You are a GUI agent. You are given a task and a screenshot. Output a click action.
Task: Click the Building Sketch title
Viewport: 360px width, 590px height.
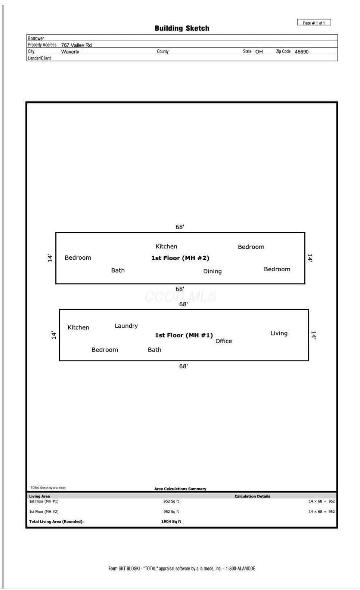click(x=182, y=28)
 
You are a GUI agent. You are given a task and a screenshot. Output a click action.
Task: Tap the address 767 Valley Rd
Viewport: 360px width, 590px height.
click(x=76, y=45)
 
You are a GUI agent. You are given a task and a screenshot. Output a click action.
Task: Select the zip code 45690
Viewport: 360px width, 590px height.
click(x=302, y=52)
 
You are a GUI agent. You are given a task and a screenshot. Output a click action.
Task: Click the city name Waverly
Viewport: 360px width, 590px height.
click(x=70, y=52)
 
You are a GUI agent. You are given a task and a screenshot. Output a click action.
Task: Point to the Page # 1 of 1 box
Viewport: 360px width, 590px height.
click(x=314, y=23)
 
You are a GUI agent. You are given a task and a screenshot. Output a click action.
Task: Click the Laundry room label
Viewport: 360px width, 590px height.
click(x=126, y=326)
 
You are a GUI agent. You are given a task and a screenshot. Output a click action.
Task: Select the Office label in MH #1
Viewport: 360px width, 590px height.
click(x=224, y=341)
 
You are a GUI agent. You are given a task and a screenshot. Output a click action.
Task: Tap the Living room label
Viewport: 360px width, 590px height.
click(x=279, y=333)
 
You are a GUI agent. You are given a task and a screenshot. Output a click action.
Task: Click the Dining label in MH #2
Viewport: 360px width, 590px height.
click(x=212, y=271)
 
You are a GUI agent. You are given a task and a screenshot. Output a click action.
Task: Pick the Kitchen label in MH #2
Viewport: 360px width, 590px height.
click(x=166, y=247)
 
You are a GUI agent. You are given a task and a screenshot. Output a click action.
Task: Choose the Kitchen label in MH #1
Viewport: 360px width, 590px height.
click(x=78, y=327)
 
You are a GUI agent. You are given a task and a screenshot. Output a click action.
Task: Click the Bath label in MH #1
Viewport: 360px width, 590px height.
click(x=154, y=350)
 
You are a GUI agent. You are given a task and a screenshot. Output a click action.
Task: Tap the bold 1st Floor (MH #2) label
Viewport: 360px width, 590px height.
click(x=180, y=258)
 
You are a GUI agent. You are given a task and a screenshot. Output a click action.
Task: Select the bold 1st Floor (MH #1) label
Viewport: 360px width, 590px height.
click(x=184, y=335)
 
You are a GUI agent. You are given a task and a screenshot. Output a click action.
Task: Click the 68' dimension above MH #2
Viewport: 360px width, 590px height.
click(x=180, y=227)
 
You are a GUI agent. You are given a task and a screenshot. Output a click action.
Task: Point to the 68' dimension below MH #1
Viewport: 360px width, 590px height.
click(x=183, y=366)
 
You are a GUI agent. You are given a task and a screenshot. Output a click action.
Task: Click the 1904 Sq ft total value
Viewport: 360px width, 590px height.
click(x=171, y=521)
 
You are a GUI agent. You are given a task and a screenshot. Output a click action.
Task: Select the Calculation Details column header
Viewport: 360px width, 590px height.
click(x=253, y=496)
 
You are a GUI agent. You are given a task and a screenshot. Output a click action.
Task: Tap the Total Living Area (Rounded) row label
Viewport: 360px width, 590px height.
click(x=56, y=521)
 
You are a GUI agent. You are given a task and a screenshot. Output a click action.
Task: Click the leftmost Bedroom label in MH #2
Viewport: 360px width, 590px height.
click(x=78, y=257)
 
